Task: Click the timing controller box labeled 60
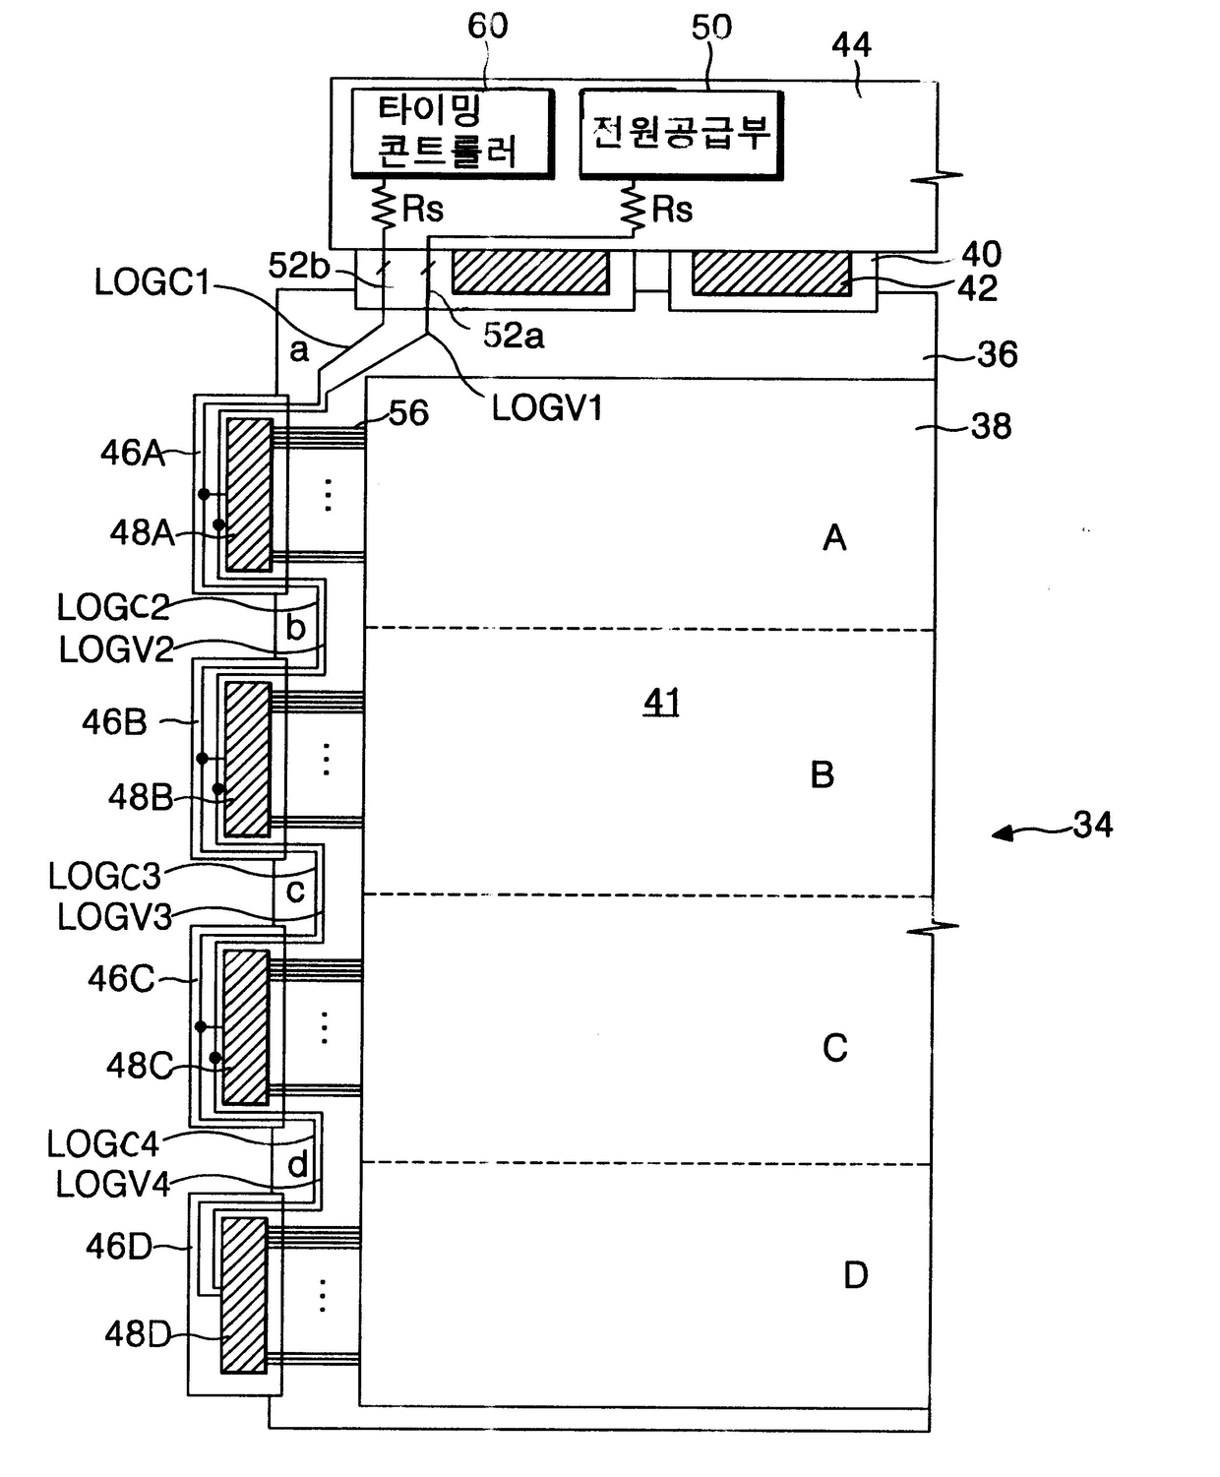point(453,132)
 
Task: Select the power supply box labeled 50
point(681,134)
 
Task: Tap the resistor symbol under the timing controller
point(386,205)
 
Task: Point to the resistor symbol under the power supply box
point(634,207)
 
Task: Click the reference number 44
point(851,45)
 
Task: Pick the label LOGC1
point(152,283)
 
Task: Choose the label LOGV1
point(547,408)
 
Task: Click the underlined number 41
point(661,702)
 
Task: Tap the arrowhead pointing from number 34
point(1003,834)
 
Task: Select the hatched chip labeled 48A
point(250,494)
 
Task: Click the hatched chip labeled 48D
point(244,1295)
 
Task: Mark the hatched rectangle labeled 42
point(771,273)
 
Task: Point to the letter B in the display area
point(822,774)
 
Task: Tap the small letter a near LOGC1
point(299,351)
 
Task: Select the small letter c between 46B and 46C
point(295,891)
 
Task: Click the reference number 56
point(408,413)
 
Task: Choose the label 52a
point(514,336)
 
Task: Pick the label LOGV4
point(113,1184)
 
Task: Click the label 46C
point(121,979)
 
